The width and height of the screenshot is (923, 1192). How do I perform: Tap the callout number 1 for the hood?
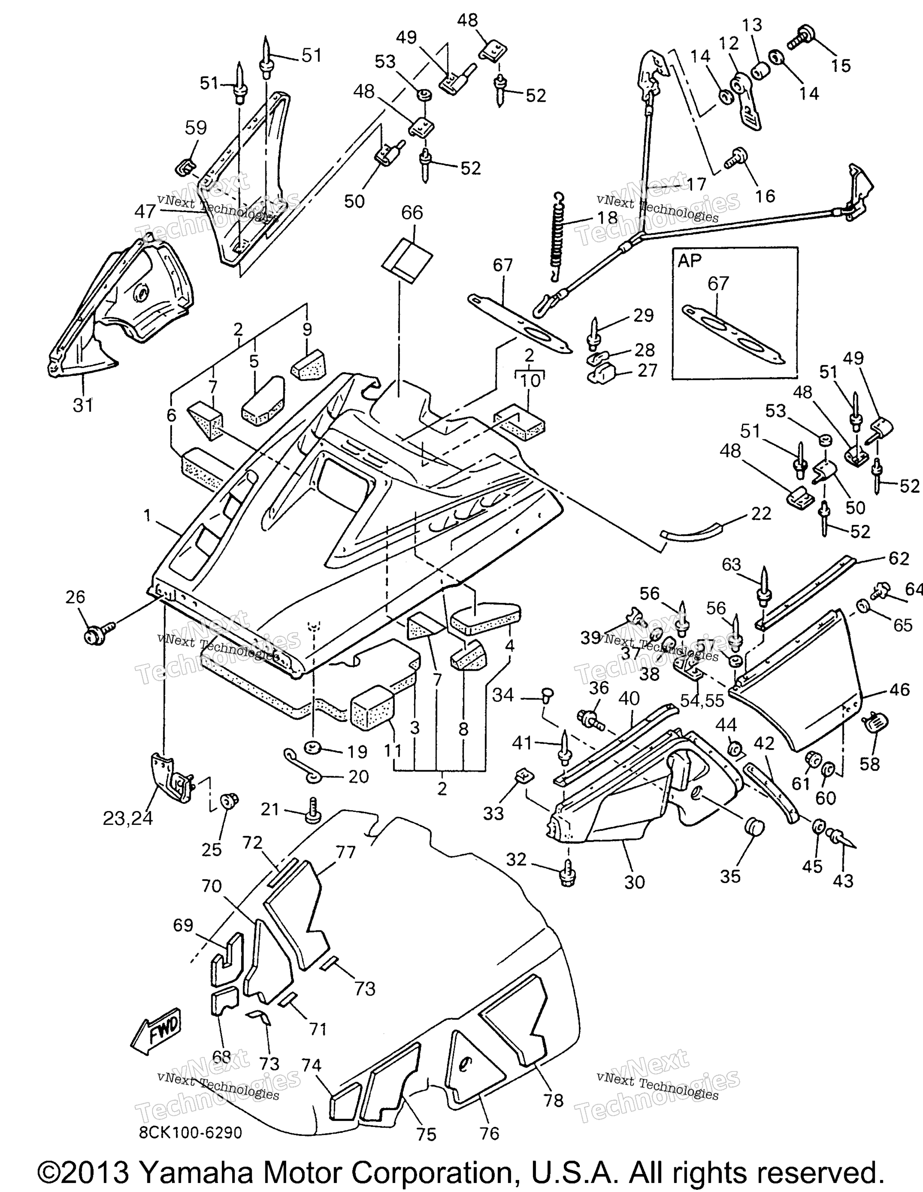point(147,514)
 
